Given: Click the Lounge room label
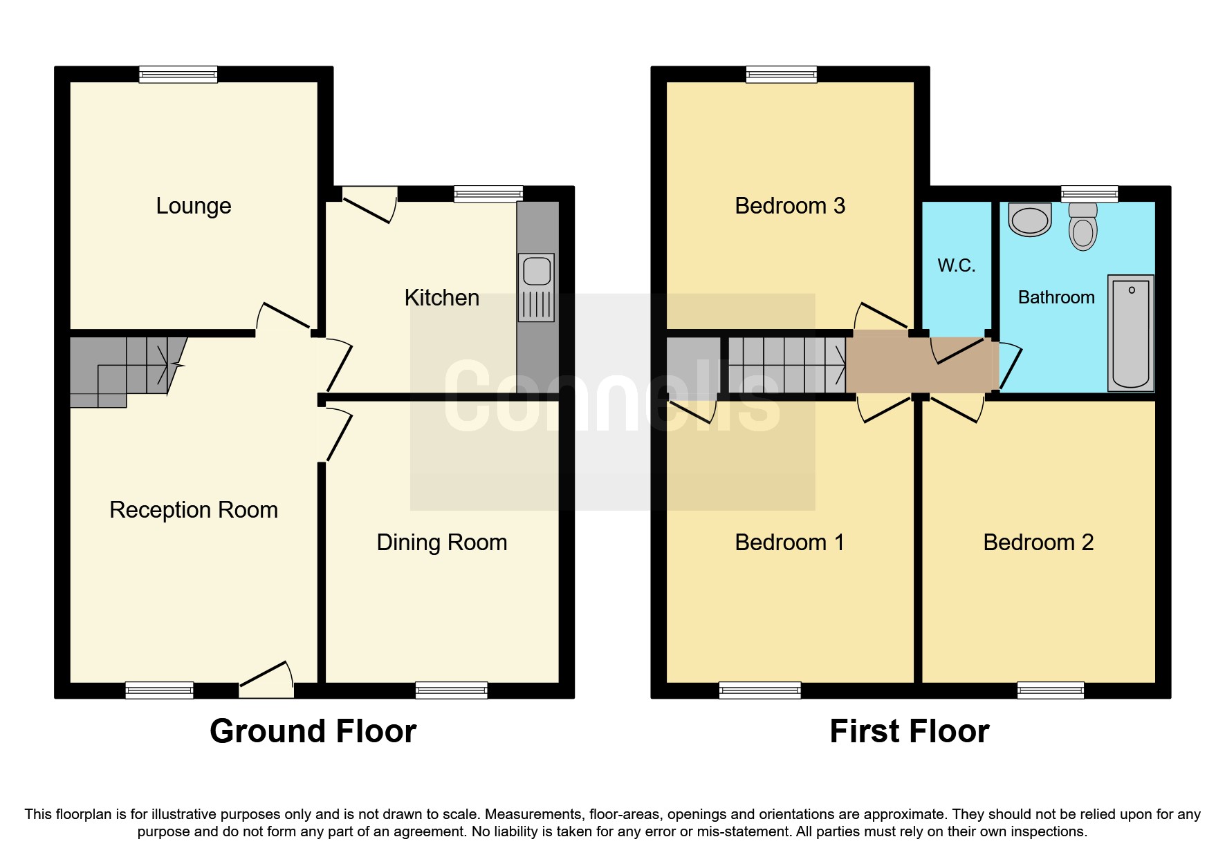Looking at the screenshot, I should click(193, 206).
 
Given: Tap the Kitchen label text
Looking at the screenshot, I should click(441, 298).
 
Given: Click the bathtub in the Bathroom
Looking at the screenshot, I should click(1130, 333).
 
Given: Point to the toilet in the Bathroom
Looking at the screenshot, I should click(1083, 227).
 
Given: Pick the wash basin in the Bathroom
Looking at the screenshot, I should click(1030, 220).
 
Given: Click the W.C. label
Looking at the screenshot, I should click(957, 265).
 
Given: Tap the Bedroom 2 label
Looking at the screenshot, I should click(1038, 543).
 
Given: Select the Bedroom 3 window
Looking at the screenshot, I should click(781, 74).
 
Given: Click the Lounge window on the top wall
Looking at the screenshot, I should click(178, 74).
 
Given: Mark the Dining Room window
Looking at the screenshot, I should click(451, 690).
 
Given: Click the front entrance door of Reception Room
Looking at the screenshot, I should click(266, 681).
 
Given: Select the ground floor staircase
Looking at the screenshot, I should click(125, 370).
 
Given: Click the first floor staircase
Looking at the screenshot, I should click(786, 364).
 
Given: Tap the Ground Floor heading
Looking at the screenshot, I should click(313, 731).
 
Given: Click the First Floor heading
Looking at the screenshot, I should click(909, 731).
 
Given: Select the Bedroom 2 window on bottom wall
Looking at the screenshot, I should click(1050, 690).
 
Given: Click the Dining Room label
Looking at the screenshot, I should click(441, 543).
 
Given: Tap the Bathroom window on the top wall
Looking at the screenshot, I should click(1089, 194).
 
